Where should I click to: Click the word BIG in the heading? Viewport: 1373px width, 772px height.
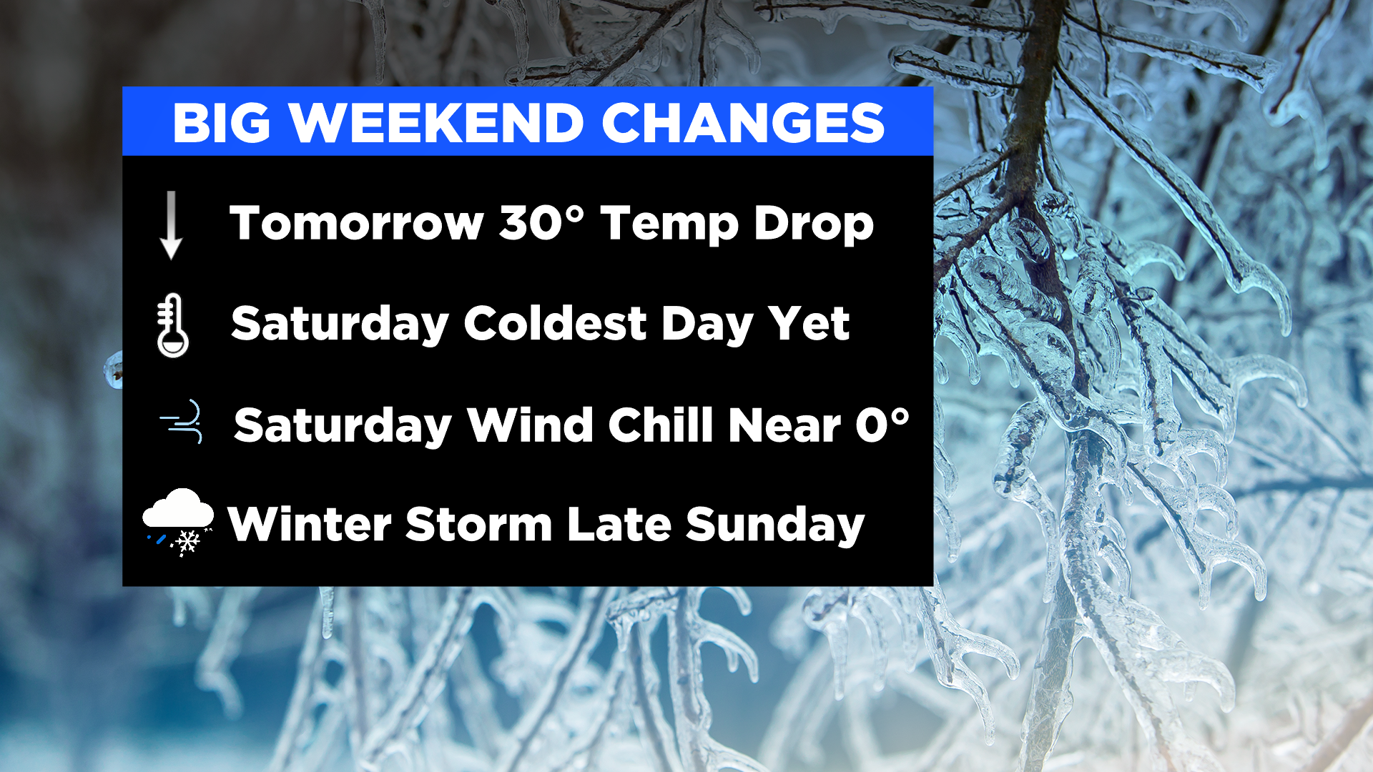[x=222, y=123]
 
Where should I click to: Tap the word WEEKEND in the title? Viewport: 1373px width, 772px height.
[x=437, y=123]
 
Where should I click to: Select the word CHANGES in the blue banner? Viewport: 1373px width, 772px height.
[x=744, y=123]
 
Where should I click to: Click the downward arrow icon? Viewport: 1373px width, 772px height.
[x=171, y=225]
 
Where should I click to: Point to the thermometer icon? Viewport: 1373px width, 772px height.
[x=172, y=325]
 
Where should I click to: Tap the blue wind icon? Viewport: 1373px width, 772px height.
[x=182, y=422]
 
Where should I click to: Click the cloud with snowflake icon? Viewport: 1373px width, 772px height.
[x=179, y=523]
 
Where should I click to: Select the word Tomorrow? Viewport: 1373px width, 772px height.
[x=357, y=223]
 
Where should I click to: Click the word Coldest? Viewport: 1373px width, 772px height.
[x=556, y=324]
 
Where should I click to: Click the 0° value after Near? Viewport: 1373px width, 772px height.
[x=882, y=425]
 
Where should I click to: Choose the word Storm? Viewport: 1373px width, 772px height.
[x=478, y=525]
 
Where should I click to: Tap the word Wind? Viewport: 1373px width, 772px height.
[x=530, y=425]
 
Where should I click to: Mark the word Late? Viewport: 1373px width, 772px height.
[x=619, y=525]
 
